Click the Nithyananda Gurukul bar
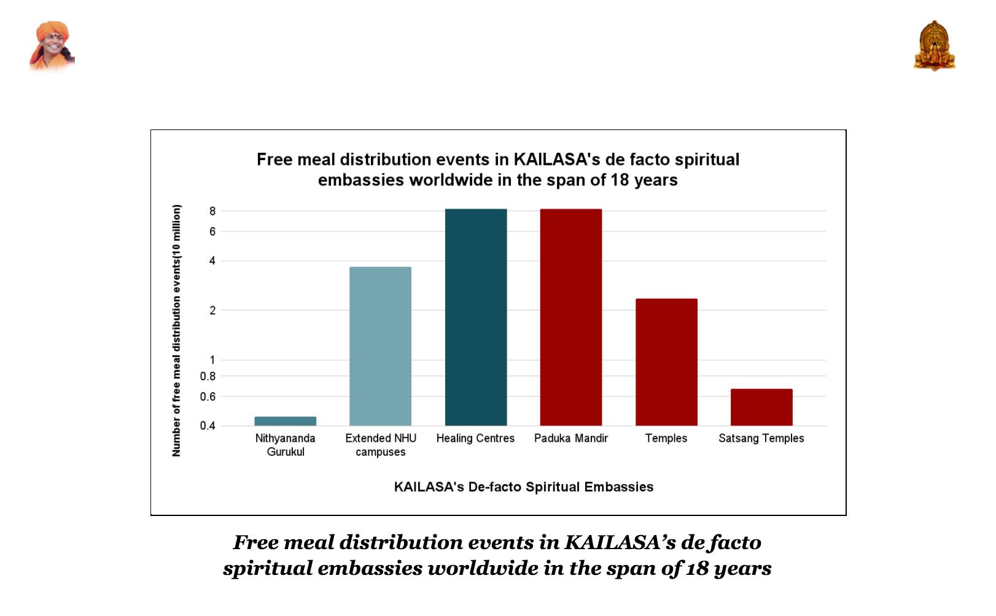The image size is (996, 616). click(x=285, y=421)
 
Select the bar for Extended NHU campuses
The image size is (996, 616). click(x=380, y=346)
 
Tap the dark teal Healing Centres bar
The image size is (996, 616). click(x=476, y=317)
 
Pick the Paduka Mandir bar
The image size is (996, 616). click(x=570, y=317)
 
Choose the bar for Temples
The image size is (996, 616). click(x=666, y=362)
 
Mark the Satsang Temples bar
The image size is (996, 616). click(x=761, y=407)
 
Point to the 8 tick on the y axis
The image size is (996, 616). click(x=212, y=211)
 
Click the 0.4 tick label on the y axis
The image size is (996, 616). click(x=208, y=426)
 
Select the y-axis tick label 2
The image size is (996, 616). click(x=212, y=310)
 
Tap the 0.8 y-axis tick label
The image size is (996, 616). click(x=208, y=376)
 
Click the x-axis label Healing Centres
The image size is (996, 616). click(x=475, y=438)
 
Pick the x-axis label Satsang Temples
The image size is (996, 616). click(x=761, y=438)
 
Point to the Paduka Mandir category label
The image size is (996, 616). click(x=570, y=438)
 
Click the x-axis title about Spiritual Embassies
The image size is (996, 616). click(x=523, y=487)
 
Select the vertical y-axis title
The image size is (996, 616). click(x=177, y=330)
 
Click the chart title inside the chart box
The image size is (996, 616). click(x=497, y=169)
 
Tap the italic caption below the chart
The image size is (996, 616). click(x=497, y=555)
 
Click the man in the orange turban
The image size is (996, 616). click(x=52, y=46)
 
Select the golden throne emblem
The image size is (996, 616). click(x=934, y=46)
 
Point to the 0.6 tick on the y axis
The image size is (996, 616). click(x=208, y=396)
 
